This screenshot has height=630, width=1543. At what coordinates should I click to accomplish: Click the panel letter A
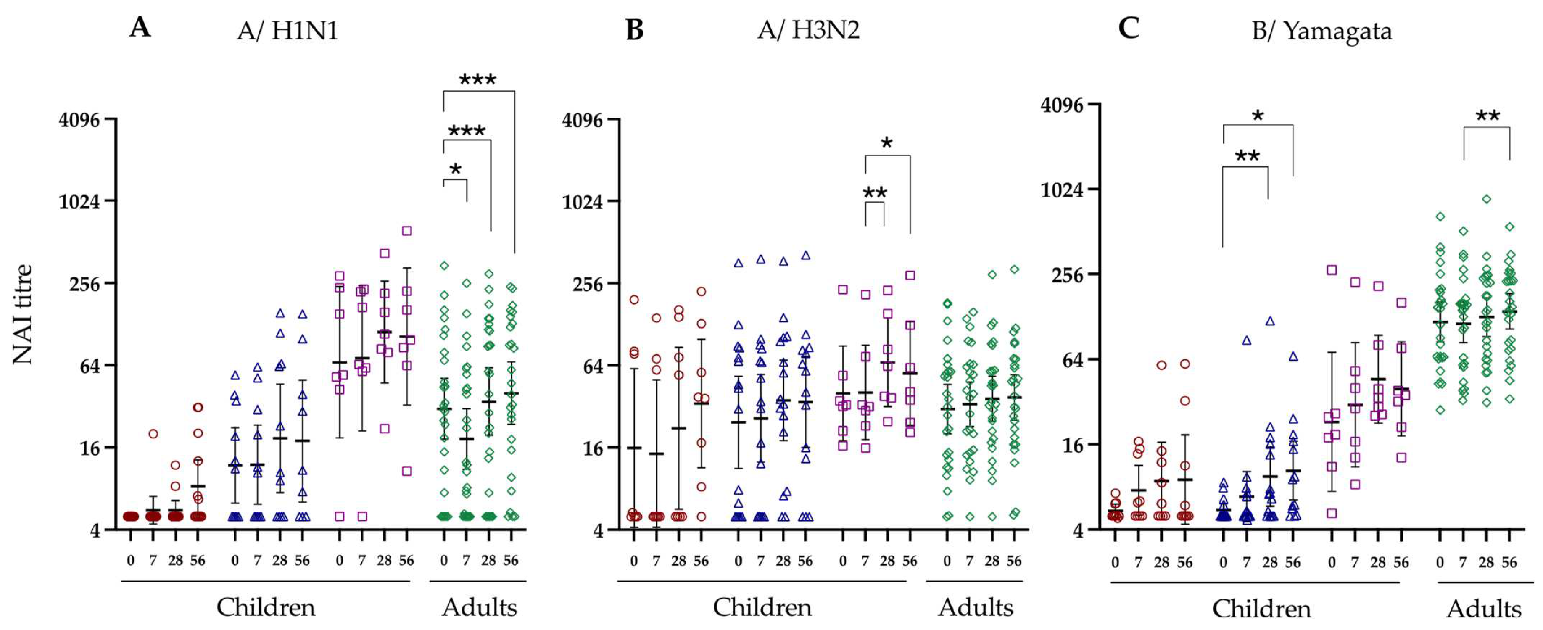click(x=140, y=27)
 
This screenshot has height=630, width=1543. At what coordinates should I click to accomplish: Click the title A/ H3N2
click(x=808, y=29)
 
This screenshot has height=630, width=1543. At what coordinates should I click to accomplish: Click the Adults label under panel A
click(x=479, y=607)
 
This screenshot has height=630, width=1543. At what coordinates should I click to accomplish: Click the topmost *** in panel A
click(x=477, y=80)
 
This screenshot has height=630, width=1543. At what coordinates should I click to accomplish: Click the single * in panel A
click(x=455, y=169)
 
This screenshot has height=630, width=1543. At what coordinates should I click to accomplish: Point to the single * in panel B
click(x=886, y=143)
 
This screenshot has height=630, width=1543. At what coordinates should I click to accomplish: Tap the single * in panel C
click(x=1258, y=115)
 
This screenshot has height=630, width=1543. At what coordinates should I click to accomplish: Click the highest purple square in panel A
click(x=407, y=230)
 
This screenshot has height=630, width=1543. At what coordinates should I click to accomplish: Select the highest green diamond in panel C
click(x=1486, y=199)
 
